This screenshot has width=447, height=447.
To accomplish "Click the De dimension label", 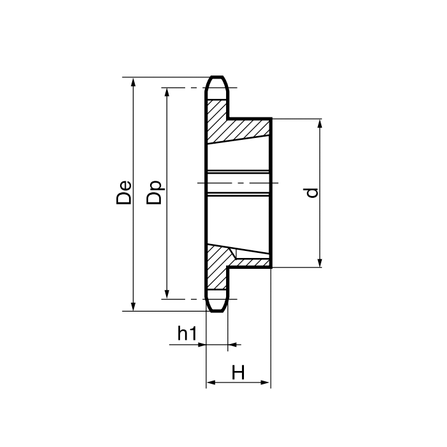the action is pos(124,192).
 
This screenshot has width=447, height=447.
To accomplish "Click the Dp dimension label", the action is pos(154,192).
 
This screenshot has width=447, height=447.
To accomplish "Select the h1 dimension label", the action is pos(186,333).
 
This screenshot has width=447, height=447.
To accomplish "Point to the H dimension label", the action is pos(238,372).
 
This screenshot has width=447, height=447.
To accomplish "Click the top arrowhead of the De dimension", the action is pos(133,82).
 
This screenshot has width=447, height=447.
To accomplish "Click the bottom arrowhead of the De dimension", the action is pos(133,307).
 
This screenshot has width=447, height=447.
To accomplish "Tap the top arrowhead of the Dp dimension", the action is pos(167,93).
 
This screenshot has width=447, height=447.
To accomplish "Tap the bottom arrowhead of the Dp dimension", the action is pos(167,294).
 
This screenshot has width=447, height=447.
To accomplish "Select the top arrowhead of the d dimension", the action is pos(319,124).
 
